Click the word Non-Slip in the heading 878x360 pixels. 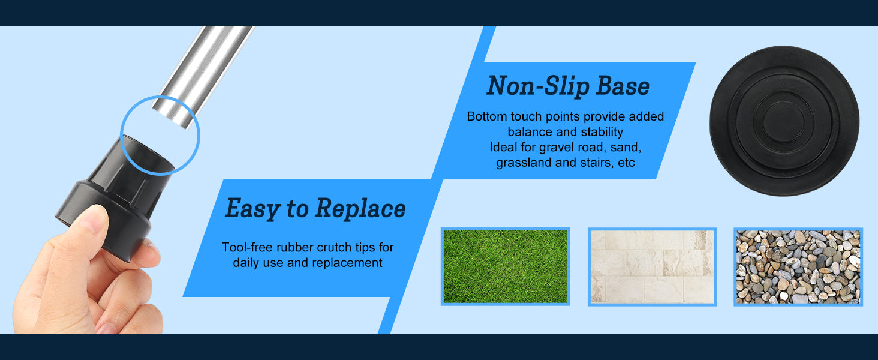(x=537, y=86)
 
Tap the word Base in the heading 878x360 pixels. (x=623, y=86)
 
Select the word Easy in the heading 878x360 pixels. (x=252, y=209)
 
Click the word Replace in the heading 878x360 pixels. (x=360, y=208)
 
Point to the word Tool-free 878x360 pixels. (x=247, y=247)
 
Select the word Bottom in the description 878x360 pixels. (x=486, y=116)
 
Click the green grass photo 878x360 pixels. (x=505, y=266)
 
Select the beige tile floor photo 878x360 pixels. (x=653, y=266)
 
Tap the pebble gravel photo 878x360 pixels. (x=798, y=266)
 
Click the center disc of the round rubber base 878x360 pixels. (x=783, y=121)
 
